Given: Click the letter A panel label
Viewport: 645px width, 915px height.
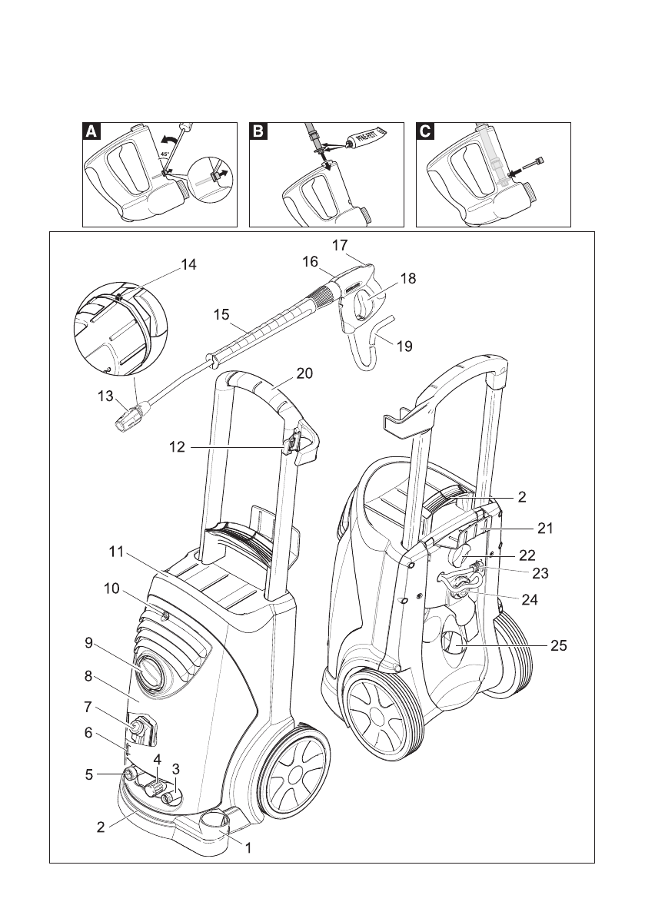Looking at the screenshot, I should click(91, 131).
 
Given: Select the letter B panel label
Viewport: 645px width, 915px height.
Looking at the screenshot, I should click(258, 131).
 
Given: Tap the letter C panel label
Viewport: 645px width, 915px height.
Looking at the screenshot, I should click(425, 131).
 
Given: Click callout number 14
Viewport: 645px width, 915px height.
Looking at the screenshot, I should click(188, 264).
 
